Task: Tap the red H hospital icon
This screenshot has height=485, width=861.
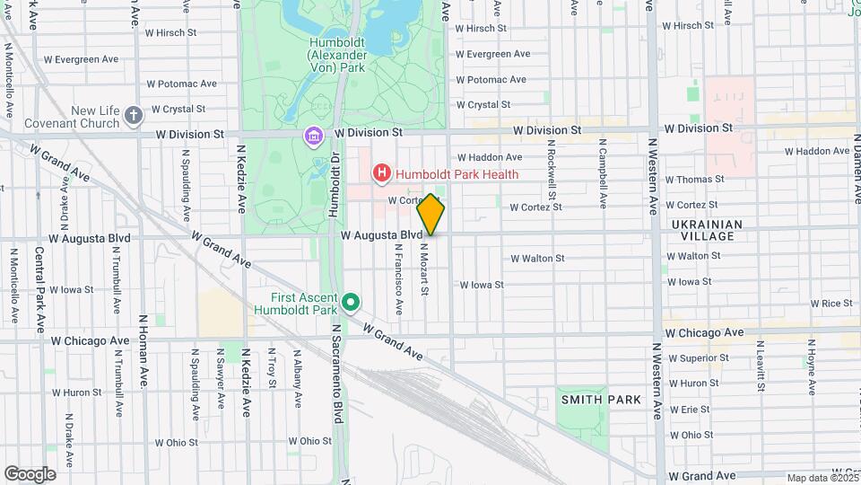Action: (382, 172)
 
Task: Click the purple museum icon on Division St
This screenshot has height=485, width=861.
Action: (313, 137)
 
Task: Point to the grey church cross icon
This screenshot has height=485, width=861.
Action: (134, 115)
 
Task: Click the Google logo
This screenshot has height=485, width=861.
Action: (30, 473)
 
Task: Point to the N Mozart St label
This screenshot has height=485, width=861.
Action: (425, 269)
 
